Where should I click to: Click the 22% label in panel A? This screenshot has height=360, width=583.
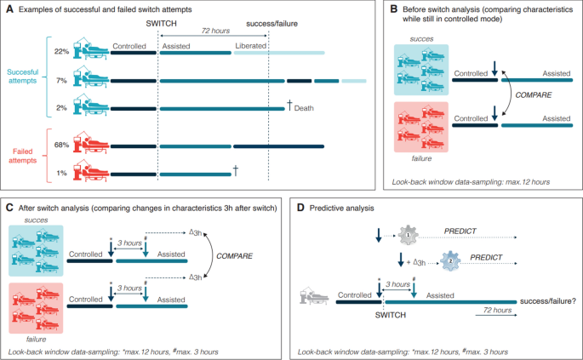[x=61, y=51]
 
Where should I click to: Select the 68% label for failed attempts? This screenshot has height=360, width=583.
[x=61, y=145]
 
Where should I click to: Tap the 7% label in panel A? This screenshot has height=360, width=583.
[x=61, y=80]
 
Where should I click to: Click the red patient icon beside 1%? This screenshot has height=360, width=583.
[x=89, y=171]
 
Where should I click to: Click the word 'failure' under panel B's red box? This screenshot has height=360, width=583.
[x=417, y=157]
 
